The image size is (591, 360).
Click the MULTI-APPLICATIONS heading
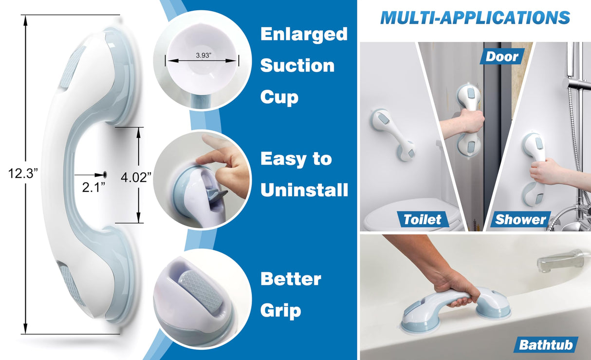point(475,18)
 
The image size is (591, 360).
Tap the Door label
point(502,57)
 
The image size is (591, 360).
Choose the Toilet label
point(422,219)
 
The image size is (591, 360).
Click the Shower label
point(520,219)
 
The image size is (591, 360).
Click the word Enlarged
point(304,35)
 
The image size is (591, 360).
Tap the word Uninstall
point(304,189)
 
